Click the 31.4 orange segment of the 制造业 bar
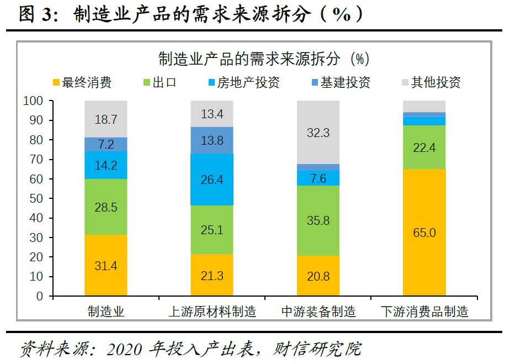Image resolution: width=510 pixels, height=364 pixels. tap(106, 266)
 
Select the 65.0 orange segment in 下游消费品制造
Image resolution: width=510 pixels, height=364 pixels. tap(424, 233)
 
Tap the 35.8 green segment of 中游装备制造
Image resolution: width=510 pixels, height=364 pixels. tap(318, 220)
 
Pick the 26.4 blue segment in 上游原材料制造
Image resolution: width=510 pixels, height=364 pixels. tap(212, 180)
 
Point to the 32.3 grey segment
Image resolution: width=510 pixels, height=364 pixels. tap(318, 133)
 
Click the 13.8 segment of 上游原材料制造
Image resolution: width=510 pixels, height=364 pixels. tap(212, 140)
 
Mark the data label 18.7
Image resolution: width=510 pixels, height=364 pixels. tap(106, 119)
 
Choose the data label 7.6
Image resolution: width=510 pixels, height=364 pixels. tap(318, 178)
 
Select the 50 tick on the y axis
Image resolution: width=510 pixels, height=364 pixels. tap(36, 198)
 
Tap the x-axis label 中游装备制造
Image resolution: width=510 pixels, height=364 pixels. tap(318, 312)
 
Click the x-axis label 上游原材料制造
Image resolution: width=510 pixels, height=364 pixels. tap(212, 312)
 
